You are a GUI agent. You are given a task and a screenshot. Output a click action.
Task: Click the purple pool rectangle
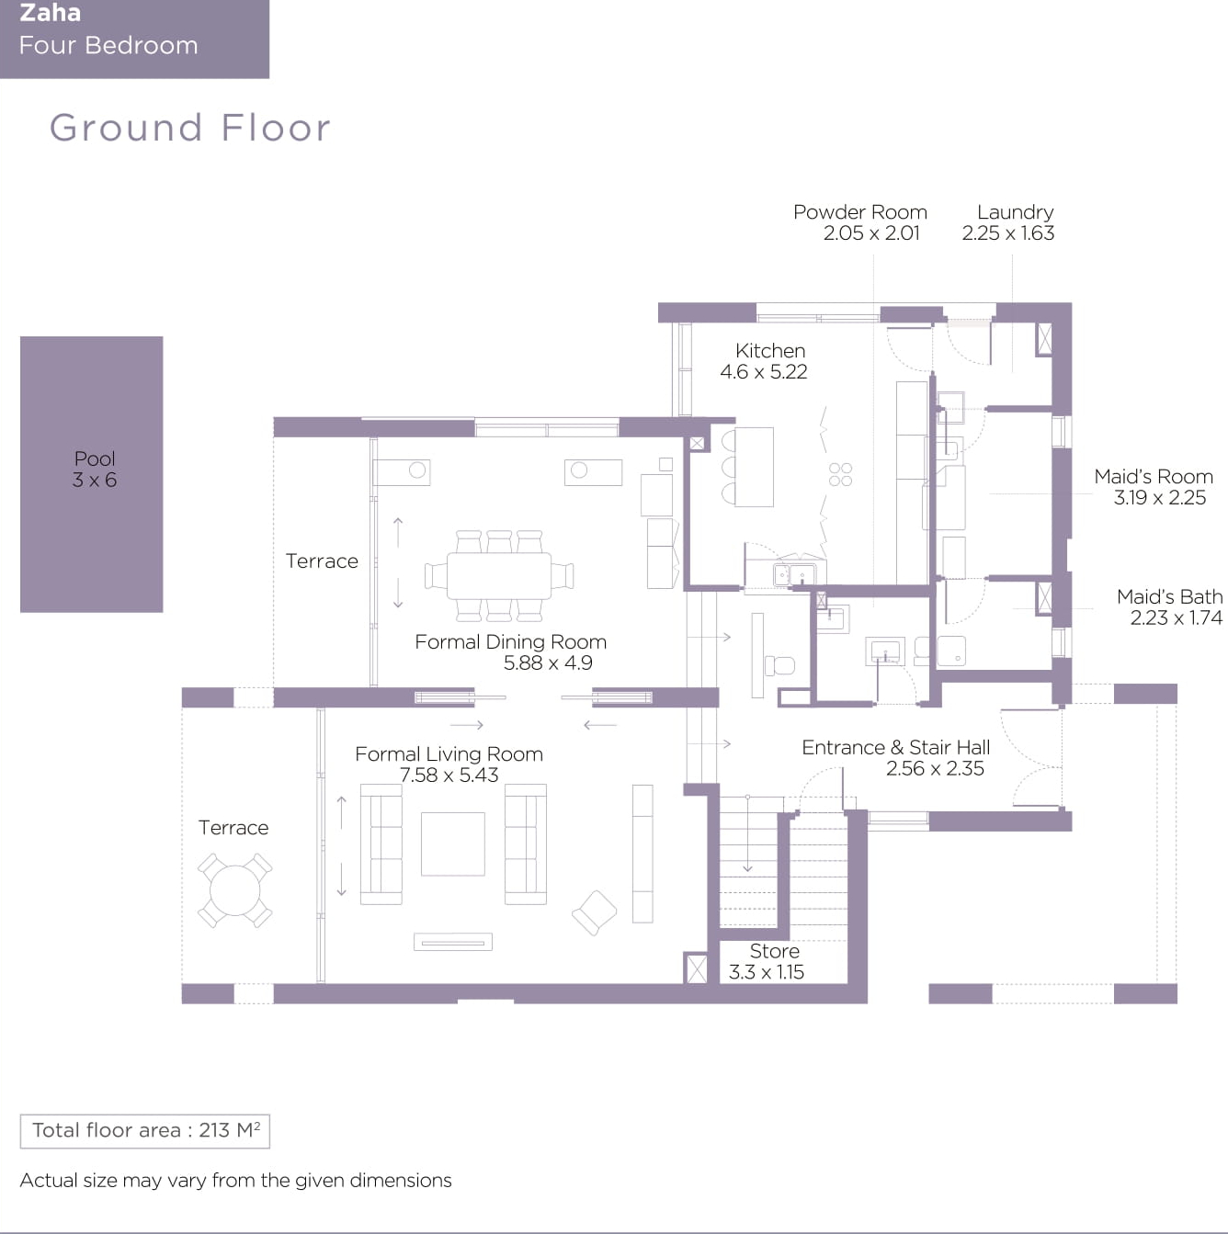92,474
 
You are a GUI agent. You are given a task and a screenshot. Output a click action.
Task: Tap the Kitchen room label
769,351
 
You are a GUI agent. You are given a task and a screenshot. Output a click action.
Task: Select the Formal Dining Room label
510,641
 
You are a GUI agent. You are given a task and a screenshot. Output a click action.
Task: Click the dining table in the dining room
498,576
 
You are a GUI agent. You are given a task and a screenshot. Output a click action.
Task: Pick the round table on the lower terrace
234,890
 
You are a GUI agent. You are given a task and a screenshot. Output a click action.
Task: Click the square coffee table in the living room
452,844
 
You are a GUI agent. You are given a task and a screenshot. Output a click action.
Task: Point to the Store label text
774,951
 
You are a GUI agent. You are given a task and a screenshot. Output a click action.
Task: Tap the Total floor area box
145,1131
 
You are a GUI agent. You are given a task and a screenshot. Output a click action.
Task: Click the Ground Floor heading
189,128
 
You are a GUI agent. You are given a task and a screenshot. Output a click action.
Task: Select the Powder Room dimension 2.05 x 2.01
871,233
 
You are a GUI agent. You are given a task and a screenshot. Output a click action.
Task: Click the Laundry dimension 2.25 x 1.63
1007,233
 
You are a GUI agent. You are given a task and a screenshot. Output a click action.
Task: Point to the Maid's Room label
1154,477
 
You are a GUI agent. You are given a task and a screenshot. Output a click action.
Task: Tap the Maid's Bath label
1170,597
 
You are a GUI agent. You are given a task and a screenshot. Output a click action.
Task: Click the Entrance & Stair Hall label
895,747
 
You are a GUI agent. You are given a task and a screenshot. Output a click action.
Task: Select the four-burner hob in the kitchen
840,474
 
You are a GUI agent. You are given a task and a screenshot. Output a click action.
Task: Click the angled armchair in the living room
594,912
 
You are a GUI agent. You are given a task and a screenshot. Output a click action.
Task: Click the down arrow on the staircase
747,833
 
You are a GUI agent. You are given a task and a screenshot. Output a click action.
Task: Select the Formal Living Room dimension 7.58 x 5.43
449,775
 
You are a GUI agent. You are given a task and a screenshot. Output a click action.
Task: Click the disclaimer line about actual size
236,1180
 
